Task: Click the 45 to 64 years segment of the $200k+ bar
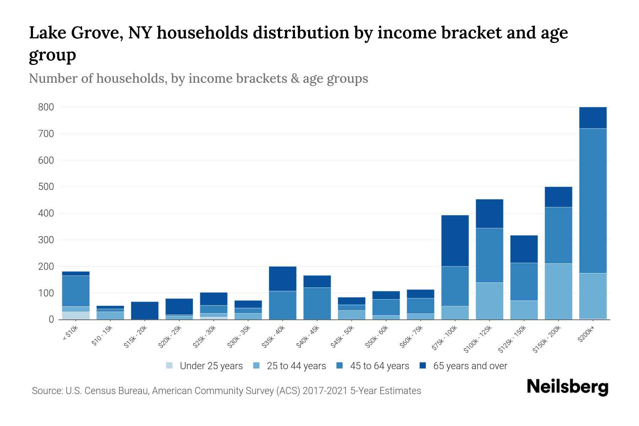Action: (x=593, y=201)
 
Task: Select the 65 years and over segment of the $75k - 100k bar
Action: (x=455, y=241)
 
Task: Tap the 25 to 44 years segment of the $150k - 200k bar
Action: (x=558, y=291)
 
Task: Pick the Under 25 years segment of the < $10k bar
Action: (x=76, y=316)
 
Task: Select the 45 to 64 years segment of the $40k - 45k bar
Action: (x=317, y=303)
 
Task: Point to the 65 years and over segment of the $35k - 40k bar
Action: (x=283, y=279)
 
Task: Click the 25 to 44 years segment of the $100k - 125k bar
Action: (x=489, y=301)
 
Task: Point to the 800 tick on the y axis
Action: (x=46, y=107)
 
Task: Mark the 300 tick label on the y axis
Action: (x=46, y=240)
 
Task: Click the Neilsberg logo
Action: (x=567, y=387)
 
